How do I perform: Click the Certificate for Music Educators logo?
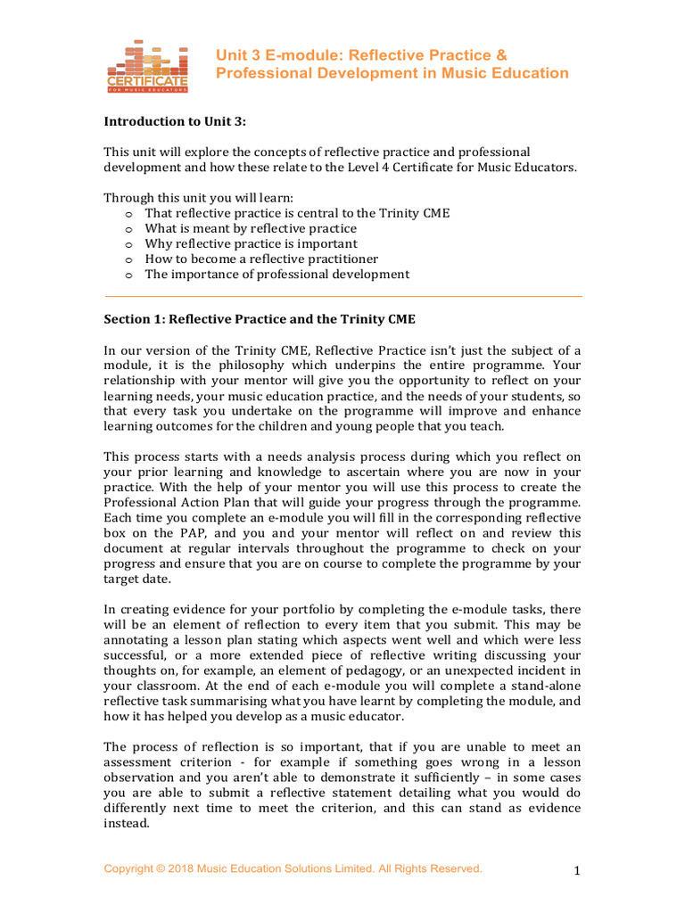[148, 67]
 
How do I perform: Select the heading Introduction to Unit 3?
[174, 121]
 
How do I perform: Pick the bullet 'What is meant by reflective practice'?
[251, 228]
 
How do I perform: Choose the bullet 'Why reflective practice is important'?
[251, 243]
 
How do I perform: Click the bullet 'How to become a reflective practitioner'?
[255, 259]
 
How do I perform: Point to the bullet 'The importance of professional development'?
[277, 274]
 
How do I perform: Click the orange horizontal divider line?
[343, 296]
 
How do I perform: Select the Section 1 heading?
[260, 318]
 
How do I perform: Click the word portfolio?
[280, 609]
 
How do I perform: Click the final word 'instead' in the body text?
[126, 824]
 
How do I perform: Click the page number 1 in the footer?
[577, 872]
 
